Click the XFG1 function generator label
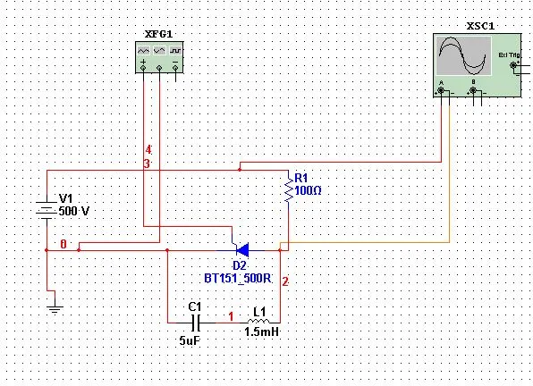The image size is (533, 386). click(158, 34)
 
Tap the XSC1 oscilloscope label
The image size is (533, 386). click(480, 26)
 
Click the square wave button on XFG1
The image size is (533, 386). click(175, 51)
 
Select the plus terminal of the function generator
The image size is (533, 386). click(143, 68)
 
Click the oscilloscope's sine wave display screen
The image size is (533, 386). click(463, 56)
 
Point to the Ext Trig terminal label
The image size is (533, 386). click(509, 55)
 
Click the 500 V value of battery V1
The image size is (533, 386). click(73, 211)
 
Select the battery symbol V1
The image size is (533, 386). click(47, 208)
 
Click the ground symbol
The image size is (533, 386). click(55, 309)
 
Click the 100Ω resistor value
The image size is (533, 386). click(308, 190)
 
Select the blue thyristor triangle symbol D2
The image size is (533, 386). click(242, 250)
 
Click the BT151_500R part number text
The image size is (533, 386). click(238, 279)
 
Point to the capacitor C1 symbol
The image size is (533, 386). click(196, 323)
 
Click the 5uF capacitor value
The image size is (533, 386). click(190, 340)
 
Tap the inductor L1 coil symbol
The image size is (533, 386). click(258, 321)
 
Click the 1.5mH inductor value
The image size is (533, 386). click(261, 331)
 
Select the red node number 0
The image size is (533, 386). click(63, 244)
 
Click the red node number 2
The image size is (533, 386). click(285, 281)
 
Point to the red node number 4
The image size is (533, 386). click(148, 150)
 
